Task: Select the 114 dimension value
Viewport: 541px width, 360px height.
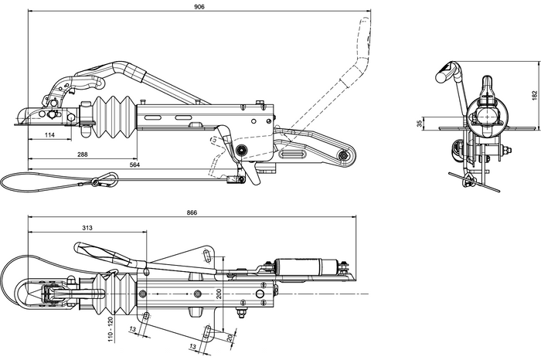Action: (49, 135)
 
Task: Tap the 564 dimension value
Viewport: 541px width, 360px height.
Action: (134, 164)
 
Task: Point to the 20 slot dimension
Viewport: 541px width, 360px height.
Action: (230, 338)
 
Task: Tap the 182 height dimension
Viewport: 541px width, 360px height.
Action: (532, 94)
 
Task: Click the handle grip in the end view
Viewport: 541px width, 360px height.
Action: (447, 73)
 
